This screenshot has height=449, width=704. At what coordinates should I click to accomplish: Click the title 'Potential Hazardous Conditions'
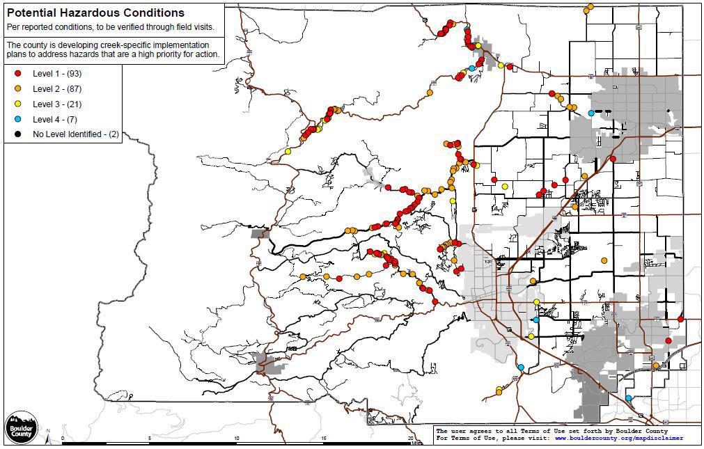(x=95, y=13)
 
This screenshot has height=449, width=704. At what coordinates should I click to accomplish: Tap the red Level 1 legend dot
(x=18, y=73)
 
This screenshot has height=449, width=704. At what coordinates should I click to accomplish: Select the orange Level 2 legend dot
(x=18, y=88)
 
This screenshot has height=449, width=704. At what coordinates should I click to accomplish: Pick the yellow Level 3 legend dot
(x=18, y=104)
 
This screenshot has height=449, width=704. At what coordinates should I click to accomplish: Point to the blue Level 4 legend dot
(x=18, y=119)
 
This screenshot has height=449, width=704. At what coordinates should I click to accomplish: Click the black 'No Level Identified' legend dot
(x=18, y=134)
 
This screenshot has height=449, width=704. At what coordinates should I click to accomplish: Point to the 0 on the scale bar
(x=63, y=439)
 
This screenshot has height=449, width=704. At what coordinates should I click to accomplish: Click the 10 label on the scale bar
(x=237, y=439)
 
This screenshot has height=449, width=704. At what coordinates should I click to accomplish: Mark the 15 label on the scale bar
(x=324, y=439)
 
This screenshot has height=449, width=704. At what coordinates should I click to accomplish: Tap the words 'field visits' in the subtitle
(x=194, y=27)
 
